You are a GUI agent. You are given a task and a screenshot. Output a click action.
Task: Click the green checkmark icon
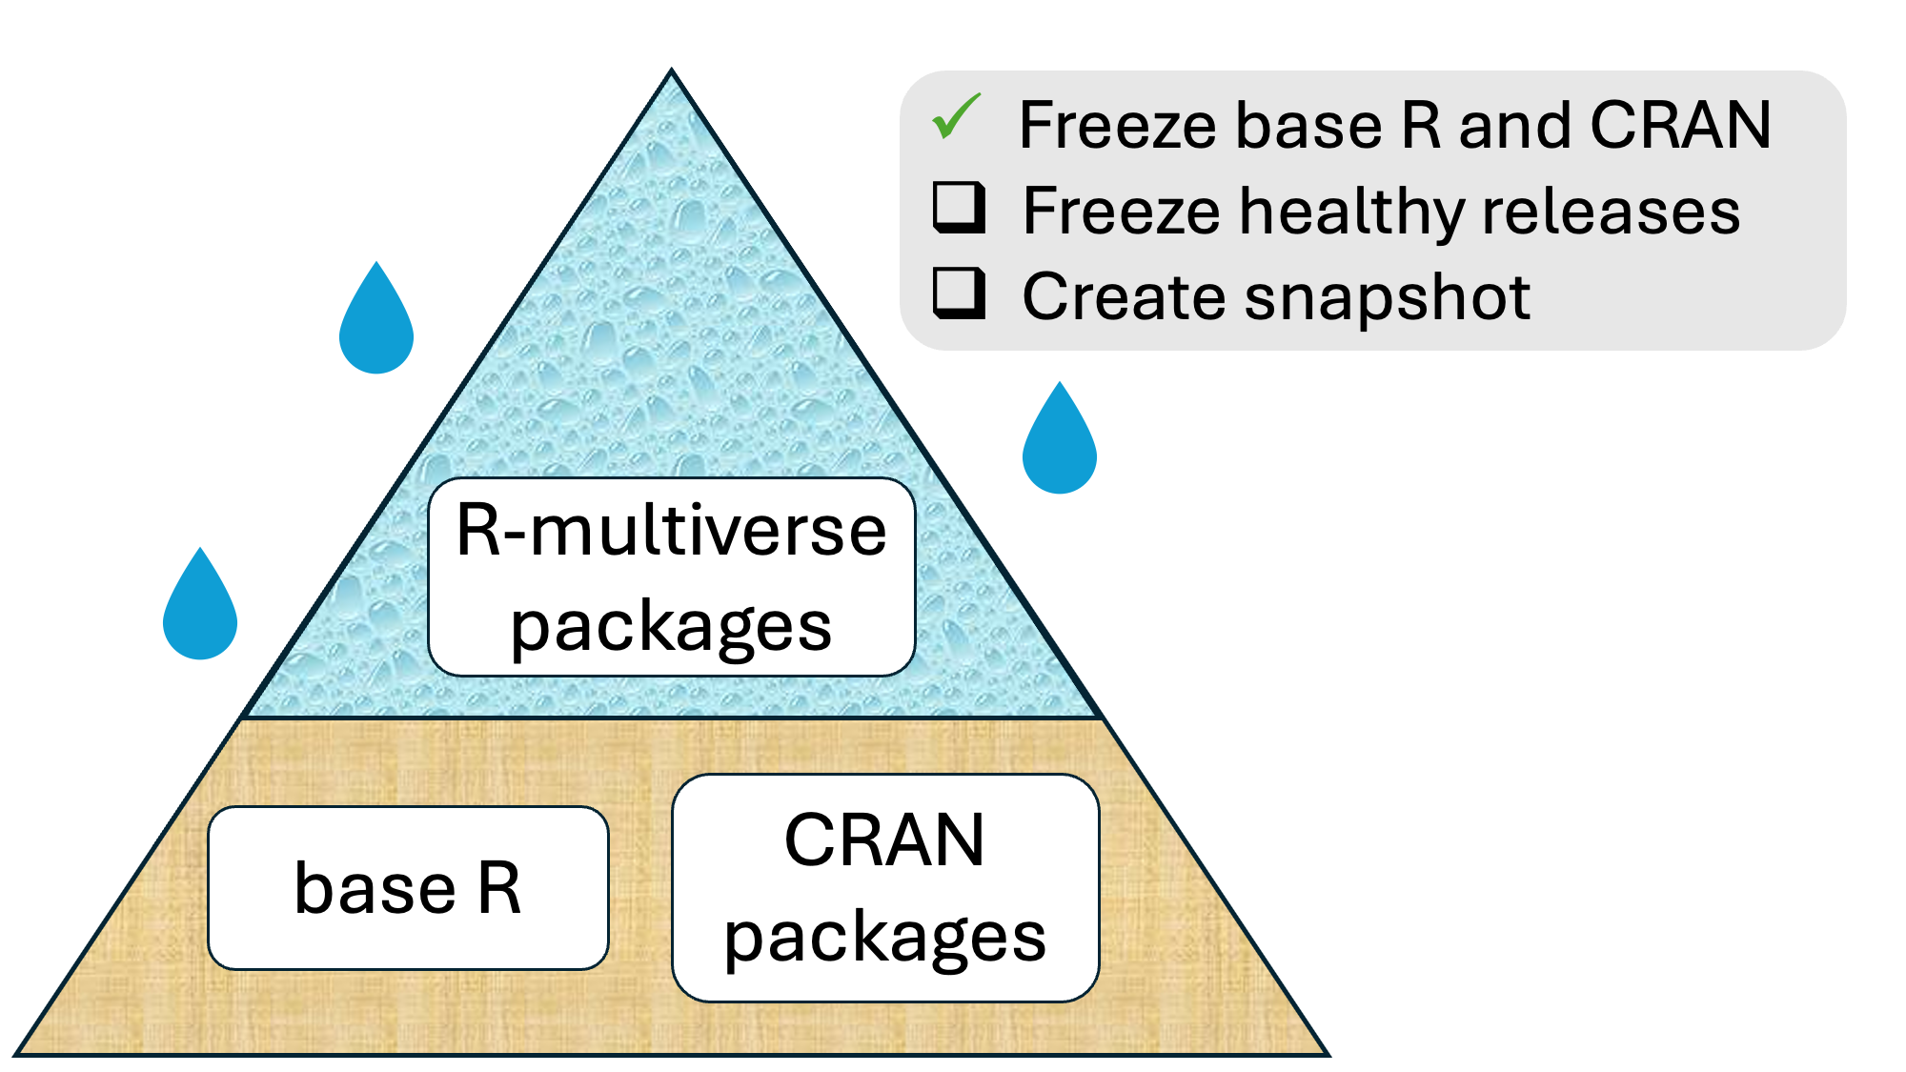pyautogui.click(x=956, y=117)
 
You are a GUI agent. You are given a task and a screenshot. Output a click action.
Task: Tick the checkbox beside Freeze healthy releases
pyautogui.click(x=958, y=207)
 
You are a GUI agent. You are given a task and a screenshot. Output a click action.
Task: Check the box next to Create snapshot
pyautogui.click(x=958, y=293)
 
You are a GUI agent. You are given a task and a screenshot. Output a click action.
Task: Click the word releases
pyautogui.click(x=1611, y=212)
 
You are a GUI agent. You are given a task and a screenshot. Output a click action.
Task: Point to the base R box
pyautogui.click(x=408, y=888)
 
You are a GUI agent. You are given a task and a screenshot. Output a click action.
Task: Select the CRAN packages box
pyautogui.click(x=885, y=888)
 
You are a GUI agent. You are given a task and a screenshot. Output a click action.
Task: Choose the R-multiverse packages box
pyautogui.click(x=672, y=577)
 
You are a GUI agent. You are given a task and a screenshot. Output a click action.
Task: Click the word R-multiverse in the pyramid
pyautogui.click(x=672, y=531)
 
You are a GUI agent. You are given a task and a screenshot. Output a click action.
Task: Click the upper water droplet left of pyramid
pyautogui.click(x=376, y=325)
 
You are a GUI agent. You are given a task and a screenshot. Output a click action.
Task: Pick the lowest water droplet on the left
pyautogui.click(x=200, y=611)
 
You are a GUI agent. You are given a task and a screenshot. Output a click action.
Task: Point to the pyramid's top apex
pyautogui.click(x=672, y=72)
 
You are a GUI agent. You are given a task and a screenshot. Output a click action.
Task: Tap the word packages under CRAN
pyautogui.click(x=885, y=938)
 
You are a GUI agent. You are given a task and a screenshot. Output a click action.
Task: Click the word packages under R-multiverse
pyautogui.click(x=672, y=627)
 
